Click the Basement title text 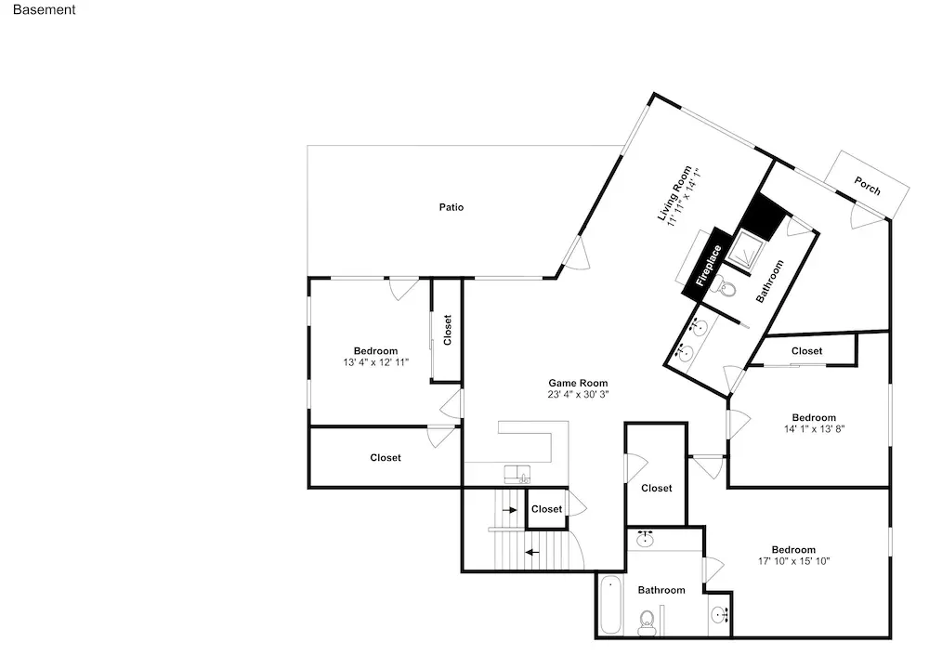tap(44, 9)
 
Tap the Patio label tap(451, 207)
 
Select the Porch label tap(867, 186)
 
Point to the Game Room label tap(578, 383)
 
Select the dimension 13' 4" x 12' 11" tap(375, 362)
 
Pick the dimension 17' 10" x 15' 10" tap(794, 561)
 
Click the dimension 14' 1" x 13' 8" tap(814, 428)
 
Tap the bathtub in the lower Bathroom tap(610, 605)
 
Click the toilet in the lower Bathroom tap(647, 622)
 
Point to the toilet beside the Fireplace tap(726, 288)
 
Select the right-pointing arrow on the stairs tap(509, 510)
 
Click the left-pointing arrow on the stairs tap(532, 553)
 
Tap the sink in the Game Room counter tap(517, 474)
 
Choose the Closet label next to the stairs tap(546, 509)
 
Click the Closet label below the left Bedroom tap(386, 458)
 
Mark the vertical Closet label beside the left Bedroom tap(448, 330)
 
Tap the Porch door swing tap(864, 216)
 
